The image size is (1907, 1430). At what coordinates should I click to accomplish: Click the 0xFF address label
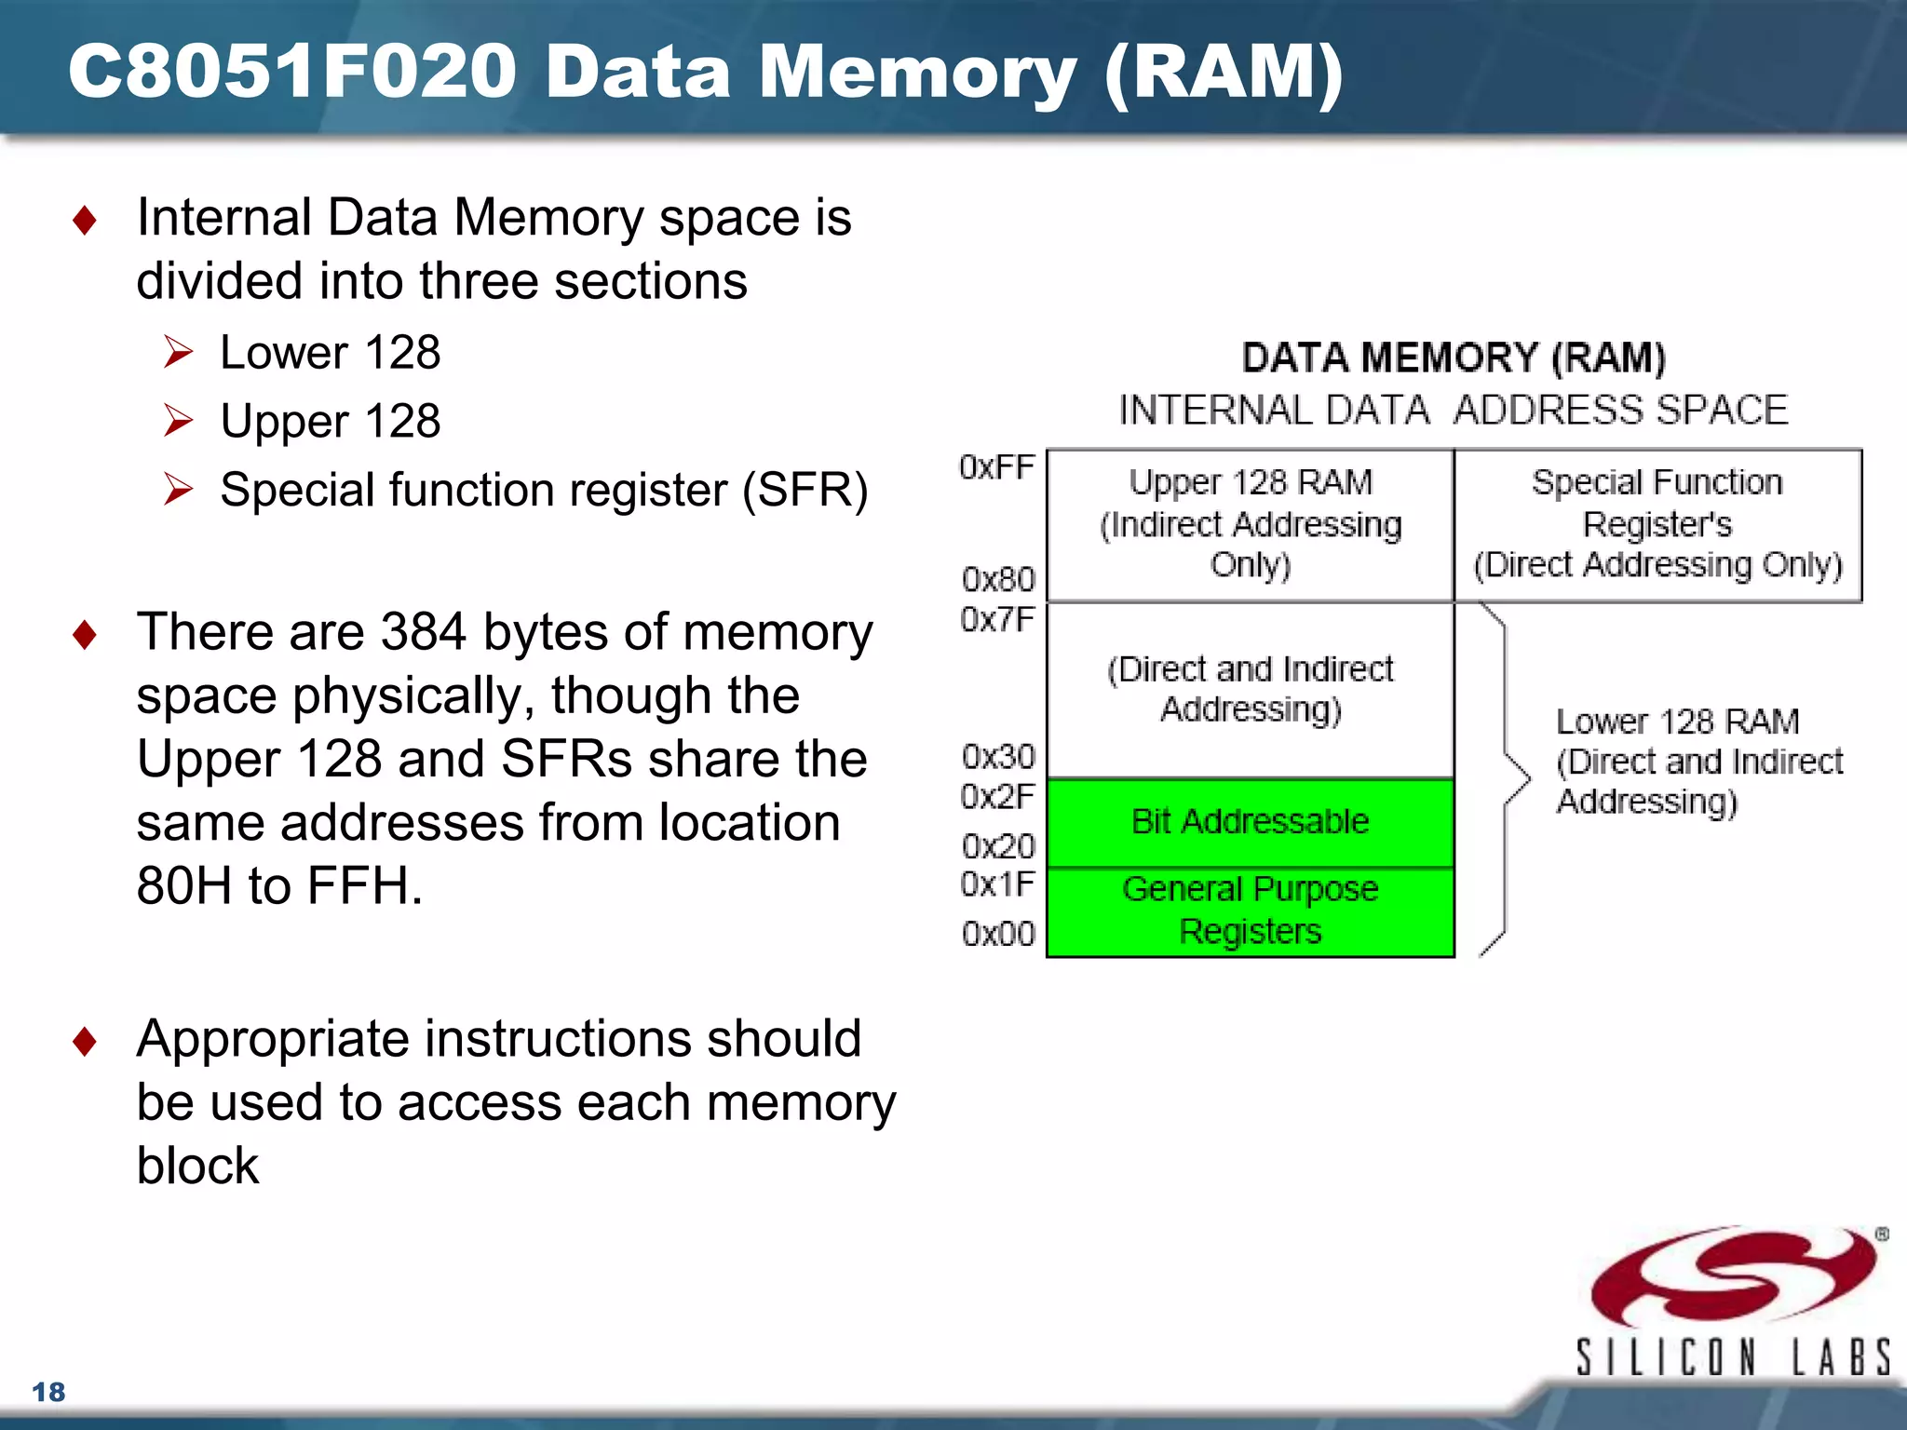click(x=996, y=467)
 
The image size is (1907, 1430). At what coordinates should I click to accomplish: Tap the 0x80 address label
click(x=998, y=579)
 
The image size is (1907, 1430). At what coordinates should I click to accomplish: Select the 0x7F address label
click(x=997, y=619)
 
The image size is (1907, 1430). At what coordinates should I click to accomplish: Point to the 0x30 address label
click(x=998, y=757)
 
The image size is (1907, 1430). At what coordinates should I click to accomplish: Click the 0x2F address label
click(x=997, y=797)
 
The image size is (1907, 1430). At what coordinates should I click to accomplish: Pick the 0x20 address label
click(x=998, y=846)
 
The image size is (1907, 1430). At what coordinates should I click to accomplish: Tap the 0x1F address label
click(x=997, y=884)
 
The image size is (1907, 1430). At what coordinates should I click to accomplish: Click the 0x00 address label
click(x=998, y=934)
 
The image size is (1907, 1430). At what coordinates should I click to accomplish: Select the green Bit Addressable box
click(x=1250, y=822)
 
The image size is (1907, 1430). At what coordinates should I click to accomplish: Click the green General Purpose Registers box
click(x=1250, y=911)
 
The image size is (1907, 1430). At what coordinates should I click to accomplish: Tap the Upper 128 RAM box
click(x=1250, y=525)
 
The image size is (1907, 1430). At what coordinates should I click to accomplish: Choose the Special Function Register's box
click(x=1657, y=525)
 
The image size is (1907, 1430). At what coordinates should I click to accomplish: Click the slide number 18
click(x=48, y=1392)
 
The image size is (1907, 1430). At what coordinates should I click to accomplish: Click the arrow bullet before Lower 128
click(x=178, y=353)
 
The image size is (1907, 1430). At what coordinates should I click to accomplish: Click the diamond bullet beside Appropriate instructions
click(x=85, y=1041)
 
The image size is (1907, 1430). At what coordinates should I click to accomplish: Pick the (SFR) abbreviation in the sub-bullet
click(x=805, y=490)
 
